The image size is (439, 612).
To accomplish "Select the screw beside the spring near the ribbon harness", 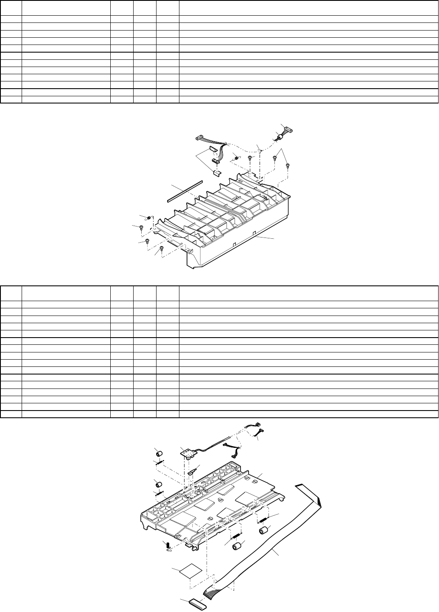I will [x=250, y=158].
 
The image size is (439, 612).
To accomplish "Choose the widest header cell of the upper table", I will [x=308, y=8].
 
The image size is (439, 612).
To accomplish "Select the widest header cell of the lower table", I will [x=308, y=293].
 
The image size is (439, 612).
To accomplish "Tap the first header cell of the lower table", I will [x=11, y=293].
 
